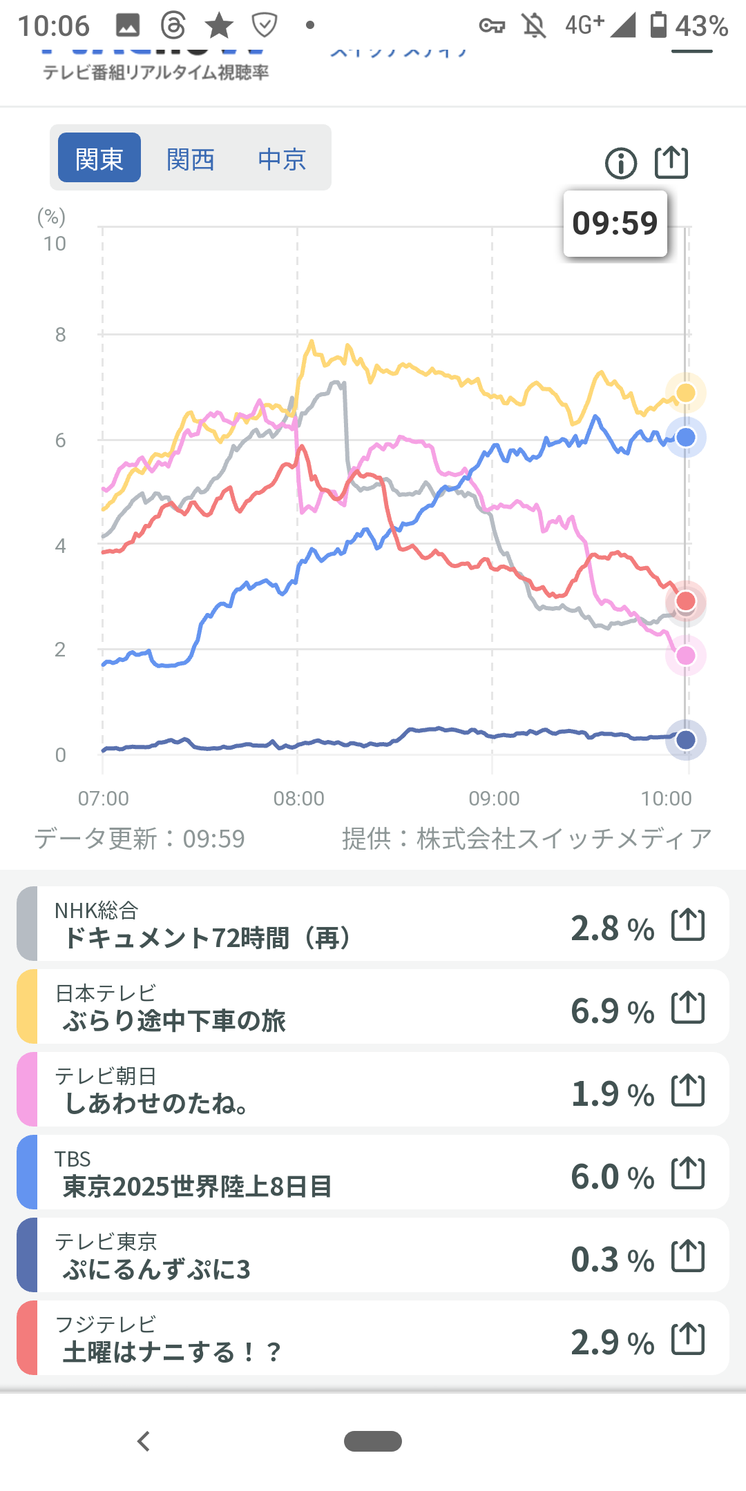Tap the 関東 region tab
99,158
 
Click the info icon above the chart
621,164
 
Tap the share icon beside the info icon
671,163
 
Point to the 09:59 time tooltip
615,223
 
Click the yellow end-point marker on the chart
685,393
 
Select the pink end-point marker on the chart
685,655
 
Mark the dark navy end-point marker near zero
685,740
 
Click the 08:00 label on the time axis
298,799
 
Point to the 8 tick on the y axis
61,335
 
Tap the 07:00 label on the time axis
104,799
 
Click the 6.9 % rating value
612,1011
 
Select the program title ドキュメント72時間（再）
207,938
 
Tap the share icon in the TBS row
688,1173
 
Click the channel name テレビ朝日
106,1075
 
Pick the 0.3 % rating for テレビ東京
612,1260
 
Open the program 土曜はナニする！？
173,1352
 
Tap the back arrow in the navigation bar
144,1441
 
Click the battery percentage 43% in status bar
701,26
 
